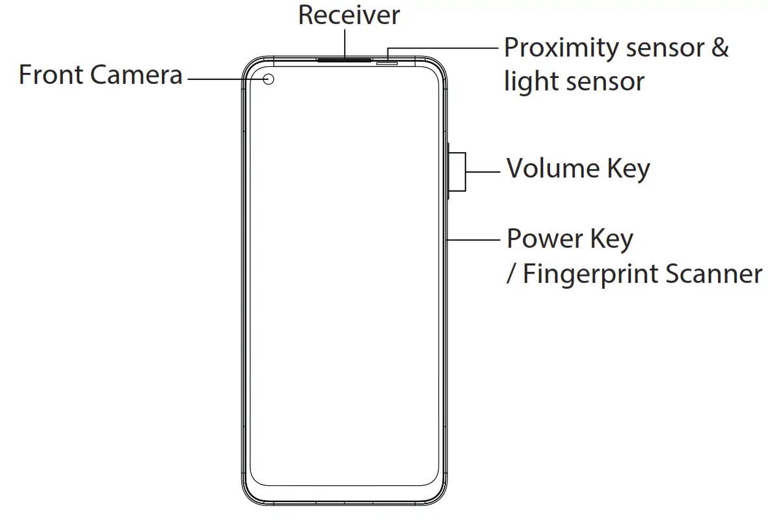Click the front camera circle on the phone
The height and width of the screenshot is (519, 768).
[x=269, y=79]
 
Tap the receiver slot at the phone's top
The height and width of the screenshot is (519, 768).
[x=344, y=59]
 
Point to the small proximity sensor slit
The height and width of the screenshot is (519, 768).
[x=388, y=63]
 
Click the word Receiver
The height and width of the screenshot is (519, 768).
[x=349, y=16]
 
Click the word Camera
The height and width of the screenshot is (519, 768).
[x=137, y=75]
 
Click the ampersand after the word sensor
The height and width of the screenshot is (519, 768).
[x=719, y=49]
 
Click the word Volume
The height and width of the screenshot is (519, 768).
[x=553, y=169]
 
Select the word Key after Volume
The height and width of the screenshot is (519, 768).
[x=628, y=169]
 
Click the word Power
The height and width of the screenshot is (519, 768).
[x=544, y=239]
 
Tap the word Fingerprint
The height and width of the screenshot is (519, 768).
[x=589, y=274]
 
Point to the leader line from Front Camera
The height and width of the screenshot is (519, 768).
[x=224, y=79]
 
